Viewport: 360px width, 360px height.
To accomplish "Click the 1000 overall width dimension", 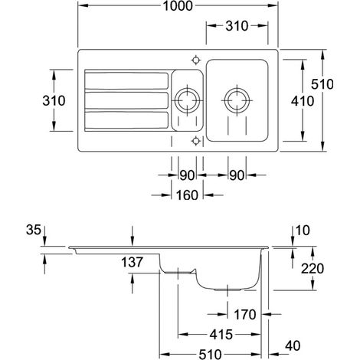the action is click(x=178, y=5).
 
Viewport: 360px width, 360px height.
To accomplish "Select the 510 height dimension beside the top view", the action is click(x=322, y=84).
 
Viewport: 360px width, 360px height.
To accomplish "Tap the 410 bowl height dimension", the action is click(x=303, y=101).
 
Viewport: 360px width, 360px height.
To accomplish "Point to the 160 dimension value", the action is click(x=187, y=195).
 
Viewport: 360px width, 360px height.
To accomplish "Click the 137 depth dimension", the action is click(x=132, y=262).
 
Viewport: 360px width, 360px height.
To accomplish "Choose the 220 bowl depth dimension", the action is click(x=313, y=269).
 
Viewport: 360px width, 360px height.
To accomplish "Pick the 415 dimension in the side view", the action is click(x=221, y=335).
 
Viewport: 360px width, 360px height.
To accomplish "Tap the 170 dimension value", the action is click(x=245, y=315).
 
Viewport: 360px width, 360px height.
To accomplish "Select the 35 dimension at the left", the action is click(x=34, y=230).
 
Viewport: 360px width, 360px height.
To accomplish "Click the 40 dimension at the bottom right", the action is click(x=293, y=346).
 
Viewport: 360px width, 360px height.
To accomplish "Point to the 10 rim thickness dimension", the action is click(x=303, y=231).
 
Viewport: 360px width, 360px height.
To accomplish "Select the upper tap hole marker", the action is click(x=196, y=61).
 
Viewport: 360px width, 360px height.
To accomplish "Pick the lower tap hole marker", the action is click(x=196, y=141).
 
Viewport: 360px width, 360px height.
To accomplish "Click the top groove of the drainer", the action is click(x=126, y=81).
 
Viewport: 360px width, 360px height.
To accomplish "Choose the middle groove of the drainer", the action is click(x=126, y=100).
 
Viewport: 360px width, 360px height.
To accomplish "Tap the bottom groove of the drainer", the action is click(x=126, y=120).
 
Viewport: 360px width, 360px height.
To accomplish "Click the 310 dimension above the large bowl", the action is click(x=237, y=26).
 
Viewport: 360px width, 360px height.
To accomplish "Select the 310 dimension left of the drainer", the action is click(x=54, y=100).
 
